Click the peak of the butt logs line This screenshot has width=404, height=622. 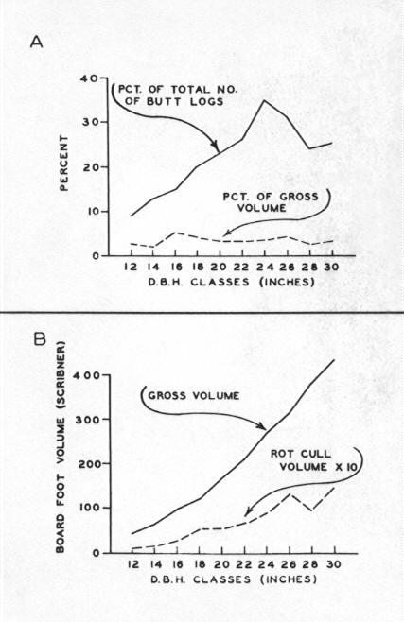(264, 100)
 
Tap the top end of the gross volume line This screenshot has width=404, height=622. (334, 360)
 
